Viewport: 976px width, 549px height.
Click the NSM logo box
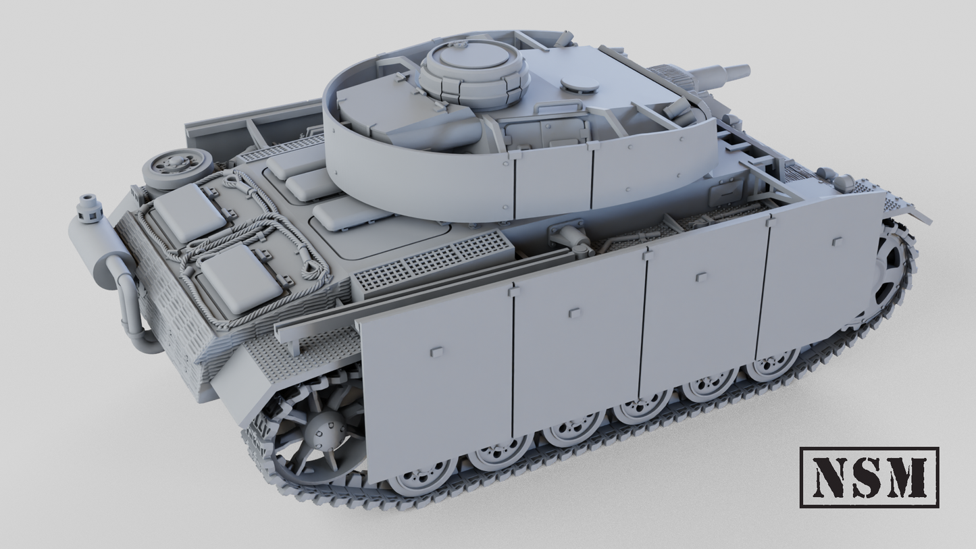(x=869, y=477)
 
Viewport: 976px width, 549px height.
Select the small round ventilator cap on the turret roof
(x=580, y=85)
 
